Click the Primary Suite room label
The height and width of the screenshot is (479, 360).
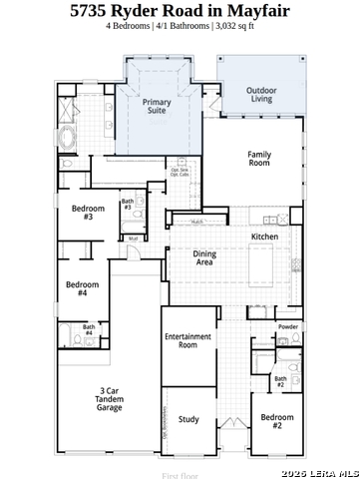(156, 107)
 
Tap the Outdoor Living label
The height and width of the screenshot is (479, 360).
(261, 95)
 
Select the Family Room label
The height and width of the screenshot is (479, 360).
(259, 159)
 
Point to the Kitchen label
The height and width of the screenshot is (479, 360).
(264, 237)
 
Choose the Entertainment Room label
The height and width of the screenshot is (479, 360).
(187, 341)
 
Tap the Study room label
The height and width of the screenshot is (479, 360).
(188, 419)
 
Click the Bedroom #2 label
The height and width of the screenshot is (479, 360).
(278, 421)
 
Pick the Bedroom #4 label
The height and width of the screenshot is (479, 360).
(83, 289)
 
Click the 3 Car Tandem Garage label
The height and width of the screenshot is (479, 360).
(109, 399)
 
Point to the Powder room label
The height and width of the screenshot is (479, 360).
(288, 326)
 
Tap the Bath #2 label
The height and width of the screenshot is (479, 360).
(281, 381)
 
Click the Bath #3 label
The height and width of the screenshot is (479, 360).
(128, 205)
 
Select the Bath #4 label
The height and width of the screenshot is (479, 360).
(89, 330)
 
